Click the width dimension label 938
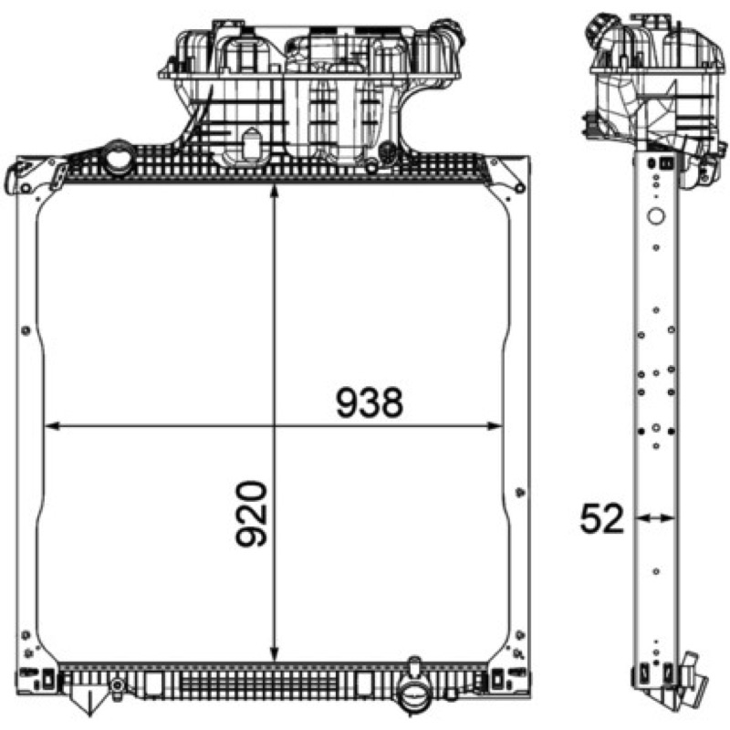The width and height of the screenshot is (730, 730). coord(370,402)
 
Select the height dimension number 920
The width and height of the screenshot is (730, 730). coord(252,514)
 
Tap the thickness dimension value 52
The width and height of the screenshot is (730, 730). coord(601,518)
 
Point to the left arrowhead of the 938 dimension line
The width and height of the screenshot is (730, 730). coord(51,425)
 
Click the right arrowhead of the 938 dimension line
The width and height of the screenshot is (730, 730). coord(495,425)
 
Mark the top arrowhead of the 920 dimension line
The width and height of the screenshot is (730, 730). coord(275,191)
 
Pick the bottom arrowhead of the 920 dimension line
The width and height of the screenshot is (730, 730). coord(275,654)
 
